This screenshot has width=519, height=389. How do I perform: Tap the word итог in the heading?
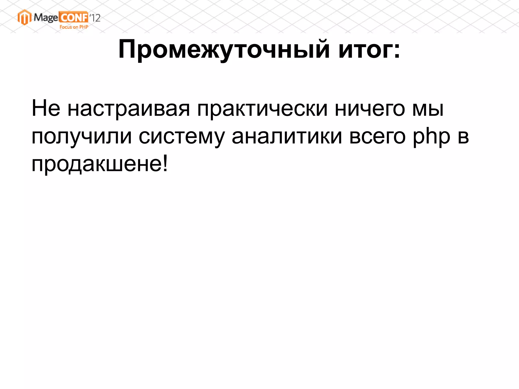coord(365,49)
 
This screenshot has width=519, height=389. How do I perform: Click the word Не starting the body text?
coord(46,108)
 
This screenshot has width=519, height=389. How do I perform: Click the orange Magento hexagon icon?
coord(24,17)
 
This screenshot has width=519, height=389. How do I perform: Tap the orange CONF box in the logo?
coord(74,17)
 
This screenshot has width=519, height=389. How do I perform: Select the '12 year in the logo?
coord(95,18)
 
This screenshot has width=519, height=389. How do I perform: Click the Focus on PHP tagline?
coord(74,27)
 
